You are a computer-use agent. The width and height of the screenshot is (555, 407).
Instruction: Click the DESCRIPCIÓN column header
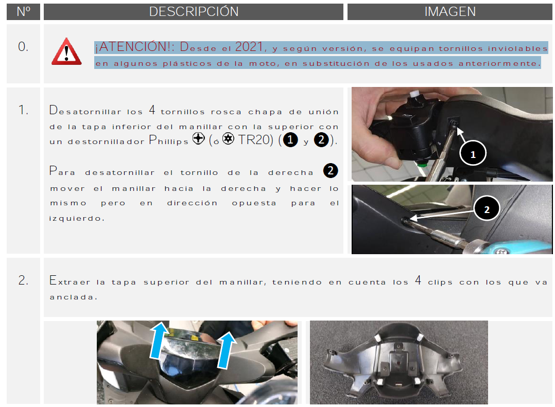point(194,12)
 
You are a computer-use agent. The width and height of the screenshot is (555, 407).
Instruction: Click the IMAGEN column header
point(450,12)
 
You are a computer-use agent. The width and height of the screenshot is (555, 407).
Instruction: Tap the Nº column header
point(23,12)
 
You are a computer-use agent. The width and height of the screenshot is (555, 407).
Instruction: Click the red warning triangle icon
point(66,51)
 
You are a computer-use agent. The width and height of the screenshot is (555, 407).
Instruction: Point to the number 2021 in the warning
point(249,47)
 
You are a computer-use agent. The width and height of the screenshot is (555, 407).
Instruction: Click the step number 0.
point(23,47)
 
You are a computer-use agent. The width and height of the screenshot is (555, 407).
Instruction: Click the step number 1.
point(23,110)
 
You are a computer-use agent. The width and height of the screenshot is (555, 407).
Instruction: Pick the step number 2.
point(23,280)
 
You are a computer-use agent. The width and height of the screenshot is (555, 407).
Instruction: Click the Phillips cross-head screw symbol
point(199,138)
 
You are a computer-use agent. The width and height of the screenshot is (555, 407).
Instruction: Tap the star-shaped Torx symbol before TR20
point(228,138)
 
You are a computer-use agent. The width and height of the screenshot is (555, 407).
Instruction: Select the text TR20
point(255,140)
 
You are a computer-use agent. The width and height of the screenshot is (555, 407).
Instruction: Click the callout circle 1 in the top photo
point(473,153)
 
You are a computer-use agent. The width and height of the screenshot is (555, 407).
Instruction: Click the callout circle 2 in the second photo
point(487,209)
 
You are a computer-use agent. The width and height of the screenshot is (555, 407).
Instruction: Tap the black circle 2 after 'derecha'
point(331,171)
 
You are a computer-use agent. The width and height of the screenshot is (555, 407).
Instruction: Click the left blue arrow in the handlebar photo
point(159,340)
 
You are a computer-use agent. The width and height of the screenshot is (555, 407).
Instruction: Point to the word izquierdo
point(77,219)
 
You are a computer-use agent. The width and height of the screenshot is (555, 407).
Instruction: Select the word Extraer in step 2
point(70,281)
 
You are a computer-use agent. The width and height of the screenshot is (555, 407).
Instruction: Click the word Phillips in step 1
point(168,140)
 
